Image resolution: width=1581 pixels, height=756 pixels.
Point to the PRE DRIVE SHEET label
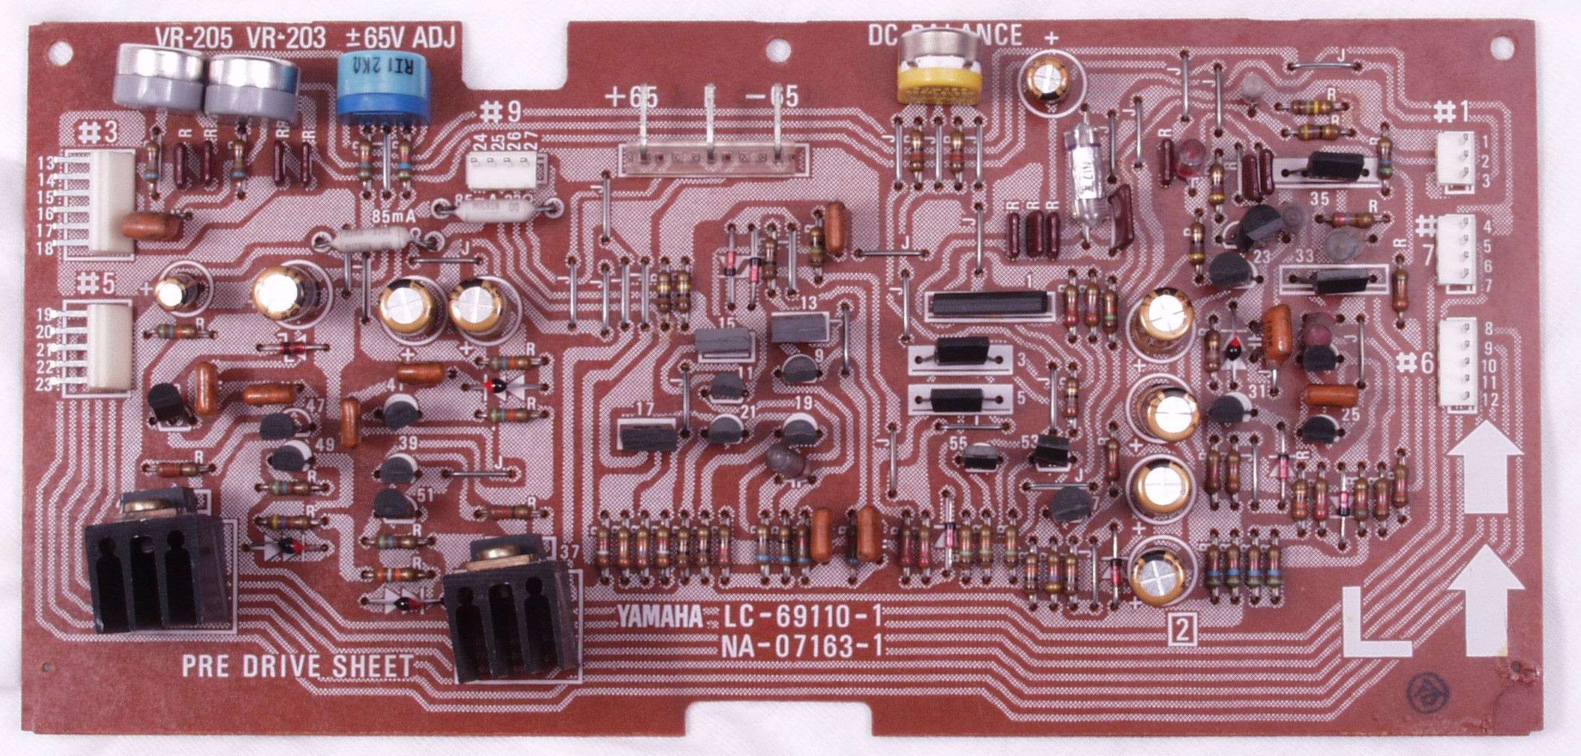297,666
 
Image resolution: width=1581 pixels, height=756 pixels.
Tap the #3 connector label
97,133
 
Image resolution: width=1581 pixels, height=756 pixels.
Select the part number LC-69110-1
801,618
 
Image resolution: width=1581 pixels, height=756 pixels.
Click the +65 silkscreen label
634,97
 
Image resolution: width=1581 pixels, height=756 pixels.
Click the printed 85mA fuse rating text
394,217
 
